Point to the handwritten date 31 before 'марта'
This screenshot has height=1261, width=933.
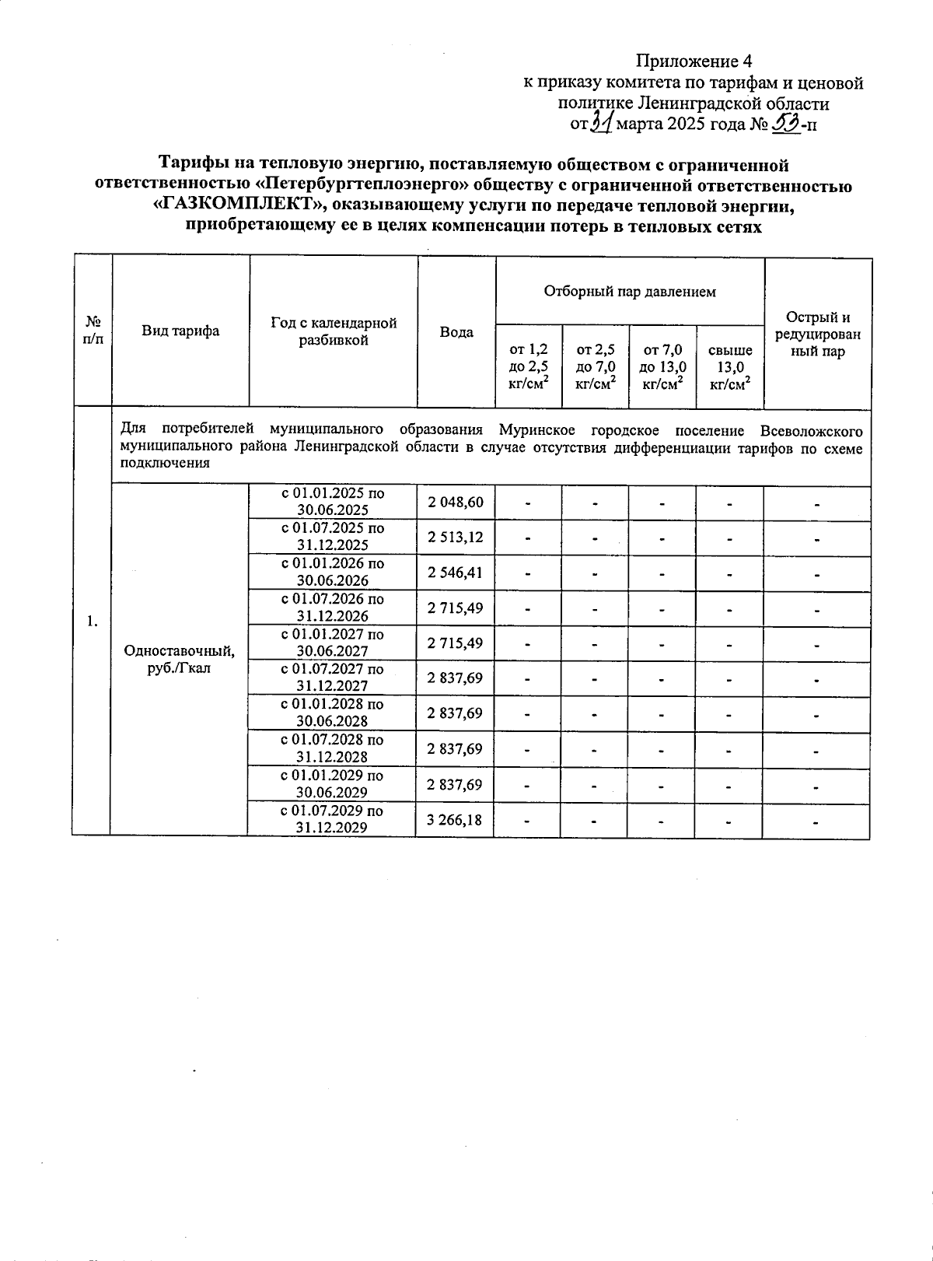pyautogui.click(x=600, y=123)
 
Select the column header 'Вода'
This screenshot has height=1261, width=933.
pyautogui.click(x=456, y=332)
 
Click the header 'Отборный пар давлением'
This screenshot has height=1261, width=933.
pyautogui.click(x=630, y=292)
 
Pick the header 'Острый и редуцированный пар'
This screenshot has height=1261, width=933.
pyautogui.click(x=818, y=335)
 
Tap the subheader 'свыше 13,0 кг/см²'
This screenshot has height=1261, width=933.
pyautogui.click(x=729, y=366)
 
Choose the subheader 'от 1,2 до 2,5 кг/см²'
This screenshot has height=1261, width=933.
pyautogui.click(x=529, y=366)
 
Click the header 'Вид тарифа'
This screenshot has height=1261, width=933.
pyautogui.click(x=180, y=331)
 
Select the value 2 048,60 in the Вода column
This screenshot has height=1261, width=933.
pyautogui.click(x=455, y=503)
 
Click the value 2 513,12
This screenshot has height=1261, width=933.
pyautogui.click(x=455, y=537)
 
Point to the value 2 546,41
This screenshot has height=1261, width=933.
pyautogui.click(x=455, y=573)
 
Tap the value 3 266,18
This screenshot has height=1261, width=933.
pyautogui.click(x=455, y=819)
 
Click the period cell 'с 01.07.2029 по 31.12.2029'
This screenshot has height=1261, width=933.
pyautogui.click(x=332, y=819)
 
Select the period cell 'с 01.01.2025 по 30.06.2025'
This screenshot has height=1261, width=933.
pyautogui.click(x=332, y=503)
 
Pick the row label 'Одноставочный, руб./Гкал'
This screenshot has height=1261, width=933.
pyautogui.click(x=179, y=660)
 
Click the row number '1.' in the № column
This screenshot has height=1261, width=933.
pyautogui.click(x=93, y=621)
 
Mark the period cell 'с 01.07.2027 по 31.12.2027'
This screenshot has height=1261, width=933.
pyautogui.click(x=332, y=678)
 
